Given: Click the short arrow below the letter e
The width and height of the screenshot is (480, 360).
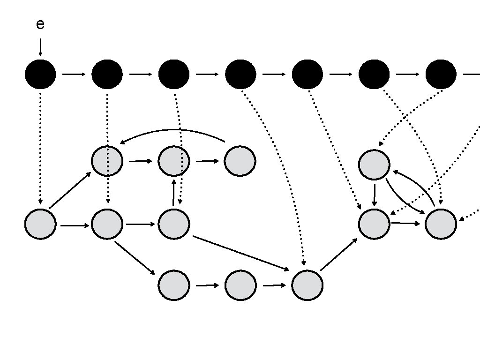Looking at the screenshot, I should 40,47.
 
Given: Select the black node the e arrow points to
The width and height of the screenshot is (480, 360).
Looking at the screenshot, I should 40,74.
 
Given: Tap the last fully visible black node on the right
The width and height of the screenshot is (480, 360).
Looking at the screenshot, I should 441,74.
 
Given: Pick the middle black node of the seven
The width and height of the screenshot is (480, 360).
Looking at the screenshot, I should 240,74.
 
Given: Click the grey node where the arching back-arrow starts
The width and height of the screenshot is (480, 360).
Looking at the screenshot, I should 240,161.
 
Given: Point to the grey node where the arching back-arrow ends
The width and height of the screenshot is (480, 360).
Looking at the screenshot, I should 107,161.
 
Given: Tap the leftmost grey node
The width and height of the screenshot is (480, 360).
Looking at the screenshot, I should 40,224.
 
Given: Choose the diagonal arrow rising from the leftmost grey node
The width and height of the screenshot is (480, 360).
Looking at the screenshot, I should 70,190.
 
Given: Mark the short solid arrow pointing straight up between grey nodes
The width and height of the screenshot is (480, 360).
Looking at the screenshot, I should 174,191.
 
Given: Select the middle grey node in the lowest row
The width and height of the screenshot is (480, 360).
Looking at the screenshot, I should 240,285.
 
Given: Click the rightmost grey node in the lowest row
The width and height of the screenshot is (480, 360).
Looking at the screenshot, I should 307,285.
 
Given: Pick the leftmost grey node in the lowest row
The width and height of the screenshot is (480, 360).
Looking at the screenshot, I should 174,285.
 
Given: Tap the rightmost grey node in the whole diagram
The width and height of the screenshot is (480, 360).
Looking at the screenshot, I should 441,224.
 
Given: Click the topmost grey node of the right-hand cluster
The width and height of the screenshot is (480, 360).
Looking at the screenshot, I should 374,165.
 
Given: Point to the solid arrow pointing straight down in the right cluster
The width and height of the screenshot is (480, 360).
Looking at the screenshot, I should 374,195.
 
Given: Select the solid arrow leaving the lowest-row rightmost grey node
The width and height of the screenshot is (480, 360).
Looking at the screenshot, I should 338,255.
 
